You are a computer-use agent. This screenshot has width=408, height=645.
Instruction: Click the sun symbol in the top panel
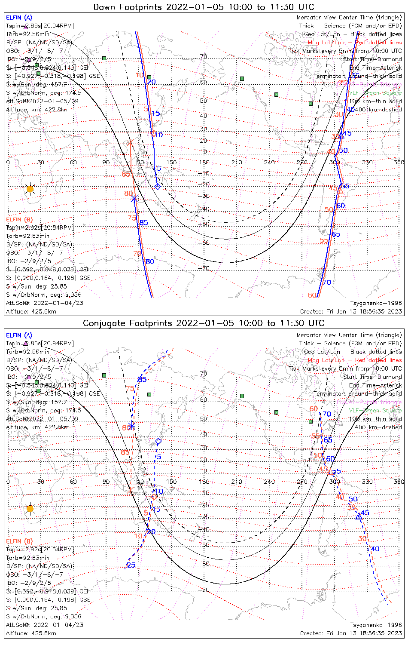(x=30, y=189)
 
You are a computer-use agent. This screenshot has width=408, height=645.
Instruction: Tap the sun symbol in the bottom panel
(x=30, y=509)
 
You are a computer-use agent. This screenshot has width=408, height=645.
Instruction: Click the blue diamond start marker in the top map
(x=158, y=186)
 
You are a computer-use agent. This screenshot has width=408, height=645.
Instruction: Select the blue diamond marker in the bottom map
(x=158, y=442)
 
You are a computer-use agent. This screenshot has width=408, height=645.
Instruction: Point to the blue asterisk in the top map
(x=134, y=199)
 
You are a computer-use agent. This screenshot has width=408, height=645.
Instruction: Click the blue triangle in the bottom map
(x=359, y=516)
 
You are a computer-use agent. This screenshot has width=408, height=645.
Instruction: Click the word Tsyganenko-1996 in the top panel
(x=376, y=303)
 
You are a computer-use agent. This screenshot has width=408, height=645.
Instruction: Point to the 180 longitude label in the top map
(x=204, y=162)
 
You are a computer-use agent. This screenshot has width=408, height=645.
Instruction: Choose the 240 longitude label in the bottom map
(x=269, y=482)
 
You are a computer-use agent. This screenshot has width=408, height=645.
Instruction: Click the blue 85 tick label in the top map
(x=143, y=223)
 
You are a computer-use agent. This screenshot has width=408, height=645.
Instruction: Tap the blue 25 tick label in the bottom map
(x=131, y=565)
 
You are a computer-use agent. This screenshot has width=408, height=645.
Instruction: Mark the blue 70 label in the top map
(x=327, y=283)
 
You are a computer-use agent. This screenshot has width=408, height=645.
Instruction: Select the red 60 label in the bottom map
(x=314, y=409)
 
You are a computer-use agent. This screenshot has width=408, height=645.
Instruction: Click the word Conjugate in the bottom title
(x=103, y=323)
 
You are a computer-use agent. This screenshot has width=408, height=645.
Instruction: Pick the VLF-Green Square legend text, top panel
(x=375, y=93)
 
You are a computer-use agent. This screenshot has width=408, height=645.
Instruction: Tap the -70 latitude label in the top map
(x=205, y=268)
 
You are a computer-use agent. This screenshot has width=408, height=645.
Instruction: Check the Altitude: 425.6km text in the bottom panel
(x=31, y=633)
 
